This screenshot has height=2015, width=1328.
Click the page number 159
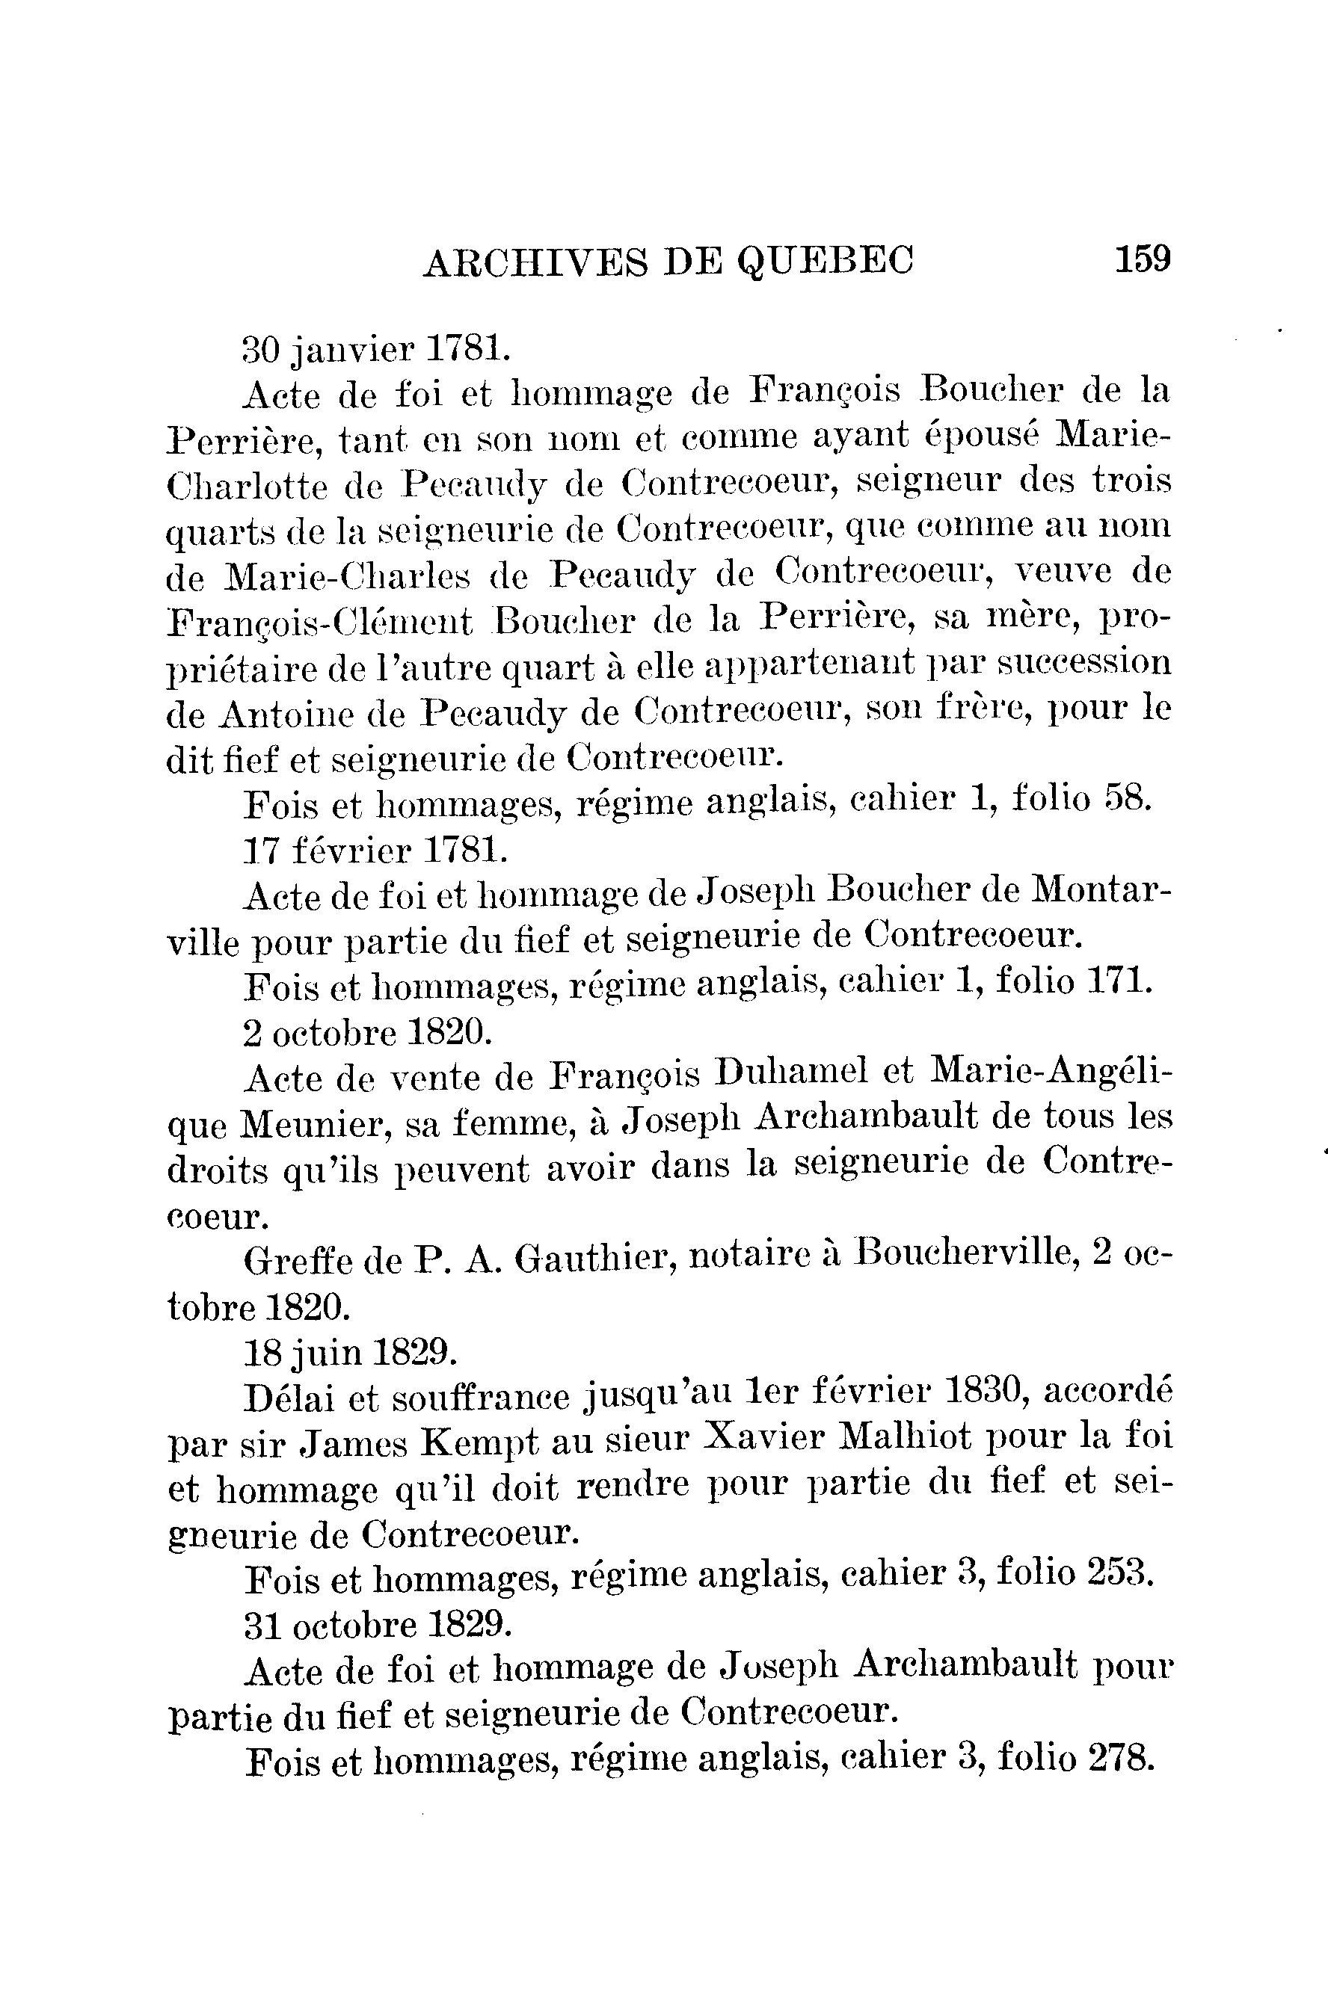(1143, 257)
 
